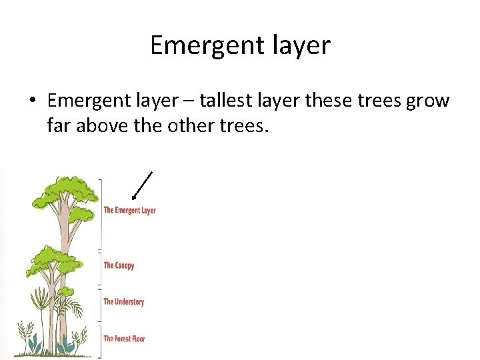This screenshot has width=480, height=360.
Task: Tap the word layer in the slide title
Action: coord(301,45)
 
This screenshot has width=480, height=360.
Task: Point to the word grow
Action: coord(429,101)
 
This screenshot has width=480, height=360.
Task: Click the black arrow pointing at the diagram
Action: coord(142,185)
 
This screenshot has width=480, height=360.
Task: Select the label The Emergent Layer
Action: coord(129,211)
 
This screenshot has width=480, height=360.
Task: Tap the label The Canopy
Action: coord(119,265)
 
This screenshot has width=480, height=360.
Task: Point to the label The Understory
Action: coord(123,302)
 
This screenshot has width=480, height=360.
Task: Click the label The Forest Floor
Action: coord(124,339)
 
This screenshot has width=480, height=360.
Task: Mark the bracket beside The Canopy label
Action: coord(101,269)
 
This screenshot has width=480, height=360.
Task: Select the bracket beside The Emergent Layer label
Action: coord(101,213)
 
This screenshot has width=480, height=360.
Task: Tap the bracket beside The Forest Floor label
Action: coord(101,341)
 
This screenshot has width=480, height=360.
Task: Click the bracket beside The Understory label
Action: coord(101,305)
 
